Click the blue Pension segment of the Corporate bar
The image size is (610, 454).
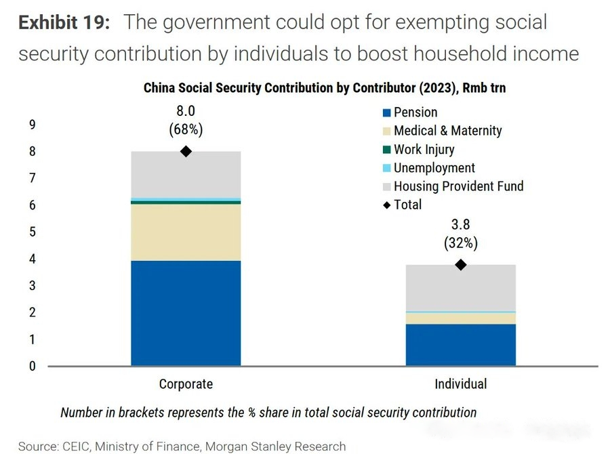[x=186, y=313]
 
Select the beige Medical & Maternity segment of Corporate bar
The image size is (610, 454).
[x=186, y=232]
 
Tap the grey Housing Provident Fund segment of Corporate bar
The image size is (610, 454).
[x=186, y=174]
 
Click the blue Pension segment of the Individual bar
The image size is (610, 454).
[x=460, y=345]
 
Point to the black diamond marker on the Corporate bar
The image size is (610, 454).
[x=186, y=151]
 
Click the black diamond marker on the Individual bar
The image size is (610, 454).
[x=460, y=265]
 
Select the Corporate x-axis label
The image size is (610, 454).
[x=186, y=384]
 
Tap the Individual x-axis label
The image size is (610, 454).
[x=460, y=384]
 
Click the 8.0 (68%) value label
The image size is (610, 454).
[x=186, y=121]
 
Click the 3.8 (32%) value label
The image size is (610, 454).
[x=460, y=233]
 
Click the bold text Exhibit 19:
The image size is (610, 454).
[x=63, y=22]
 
